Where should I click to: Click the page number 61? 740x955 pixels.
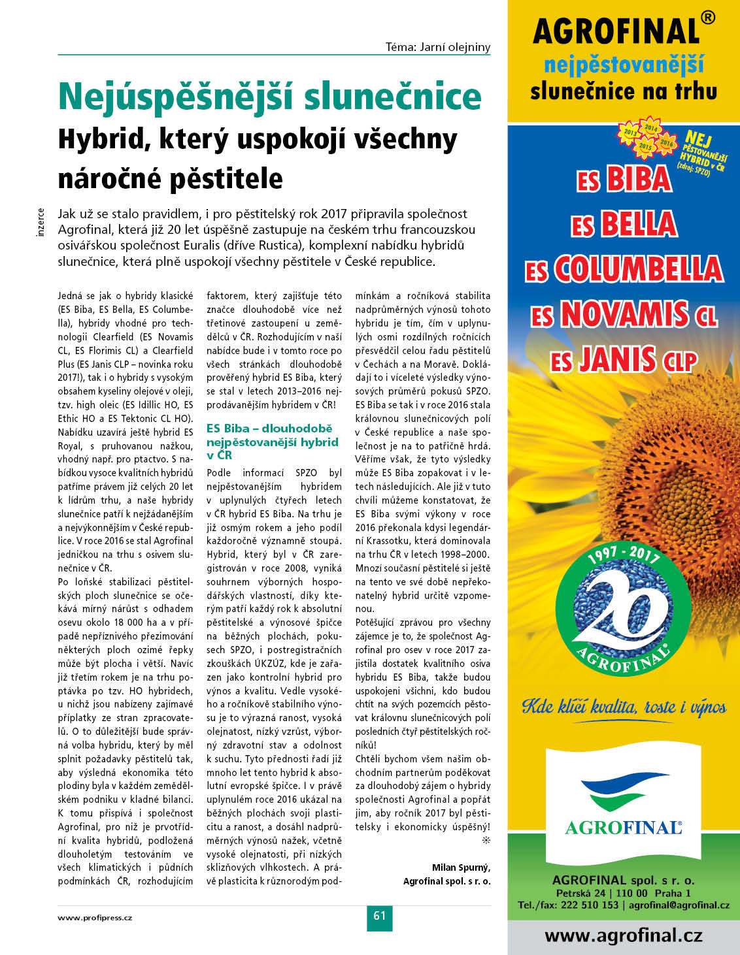[x=379, y=916]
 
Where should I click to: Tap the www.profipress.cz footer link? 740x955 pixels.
[x=95, y=917]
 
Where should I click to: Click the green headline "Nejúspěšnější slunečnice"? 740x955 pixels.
[x=270, y=97]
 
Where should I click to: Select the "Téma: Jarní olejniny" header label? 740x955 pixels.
[x=438, y=47]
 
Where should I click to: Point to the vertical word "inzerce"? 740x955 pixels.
[x=41, y=222]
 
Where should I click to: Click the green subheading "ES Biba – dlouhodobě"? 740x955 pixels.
[x=269, y=429]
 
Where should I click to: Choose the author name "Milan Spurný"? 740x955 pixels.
[x=461, y=867]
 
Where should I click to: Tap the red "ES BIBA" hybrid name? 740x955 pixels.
[x=624, y=180]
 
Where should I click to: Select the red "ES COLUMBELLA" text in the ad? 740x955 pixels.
[x=624, y=269]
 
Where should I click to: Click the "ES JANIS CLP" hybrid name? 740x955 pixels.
[x=624, y=360]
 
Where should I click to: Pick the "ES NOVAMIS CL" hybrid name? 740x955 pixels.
[x=624, y=315]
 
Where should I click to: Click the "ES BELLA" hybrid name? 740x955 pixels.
[x=624, y=225]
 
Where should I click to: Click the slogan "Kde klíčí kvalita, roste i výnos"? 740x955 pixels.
[x=624, y=707]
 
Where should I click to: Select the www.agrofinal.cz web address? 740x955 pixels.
[x=624, y=935]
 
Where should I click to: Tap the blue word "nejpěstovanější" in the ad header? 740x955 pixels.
[x=624, y=65]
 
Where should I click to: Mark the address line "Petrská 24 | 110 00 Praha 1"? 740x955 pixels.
[x=624, y=893]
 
